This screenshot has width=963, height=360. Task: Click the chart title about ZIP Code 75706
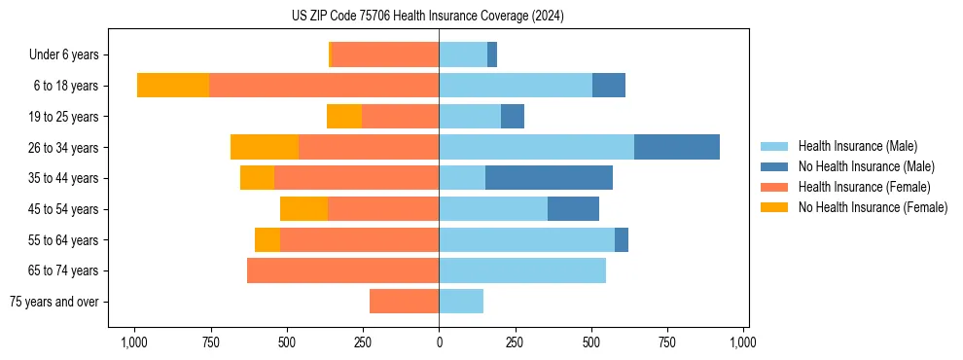point(427,17)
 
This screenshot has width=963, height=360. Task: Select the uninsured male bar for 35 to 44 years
point(549,178)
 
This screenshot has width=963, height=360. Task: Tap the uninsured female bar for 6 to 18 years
point(173,86)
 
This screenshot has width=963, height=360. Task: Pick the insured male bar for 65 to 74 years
point(522,270)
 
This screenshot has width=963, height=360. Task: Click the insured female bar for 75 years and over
point(404,302)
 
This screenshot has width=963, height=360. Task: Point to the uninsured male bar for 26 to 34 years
point(677,147)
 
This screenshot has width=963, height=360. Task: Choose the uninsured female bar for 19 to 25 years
point(344,117)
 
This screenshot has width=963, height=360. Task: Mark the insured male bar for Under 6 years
point(463,54)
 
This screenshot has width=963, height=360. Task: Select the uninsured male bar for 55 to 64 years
point(622,239)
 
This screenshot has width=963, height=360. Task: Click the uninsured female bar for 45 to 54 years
point(303,209)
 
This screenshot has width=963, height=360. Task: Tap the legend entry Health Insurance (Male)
point(857,146)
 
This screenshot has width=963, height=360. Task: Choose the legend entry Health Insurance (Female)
point(864,187)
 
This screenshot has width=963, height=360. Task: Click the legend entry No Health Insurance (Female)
point(873,207)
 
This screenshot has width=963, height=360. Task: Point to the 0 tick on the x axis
point(439,342)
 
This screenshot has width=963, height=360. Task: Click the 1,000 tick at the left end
point(133,342)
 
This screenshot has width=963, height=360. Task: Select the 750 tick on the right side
point(667,342)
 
